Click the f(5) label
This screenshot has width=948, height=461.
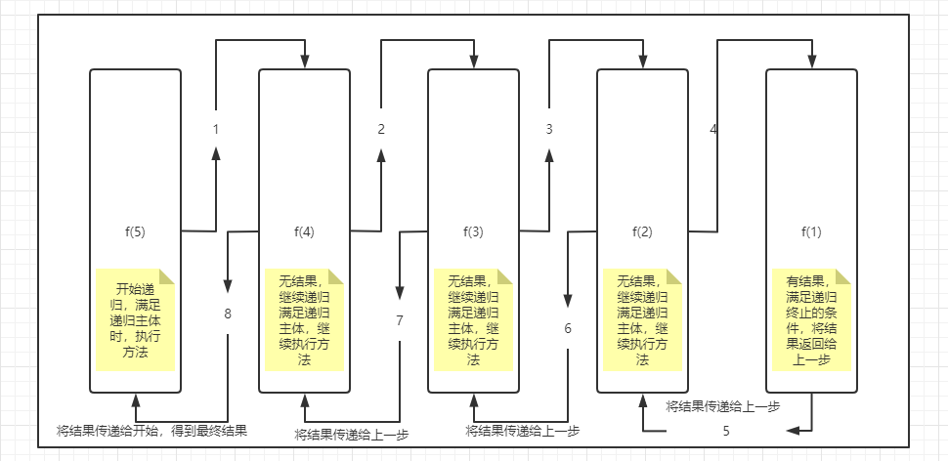[x=135, y=232]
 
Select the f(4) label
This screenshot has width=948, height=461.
[x=304, y=232]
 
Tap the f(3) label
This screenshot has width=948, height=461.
[x=473, y=232]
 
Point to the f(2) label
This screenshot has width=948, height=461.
[x=642, y=232]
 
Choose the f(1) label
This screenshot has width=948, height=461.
[x=811, y=232]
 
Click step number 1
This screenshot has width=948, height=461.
[x=215, y=129]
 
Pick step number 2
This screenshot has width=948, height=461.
[x=381, y=129]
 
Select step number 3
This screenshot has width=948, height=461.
[x=549, y=129]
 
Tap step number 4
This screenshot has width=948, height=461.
[x=713, y=129]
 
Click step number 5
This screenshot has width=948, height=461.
[x=726, y=430]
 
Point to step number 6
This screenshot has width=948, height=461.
[x=567, y=328]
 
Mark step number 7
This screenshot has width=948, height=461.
[x=399, y=320]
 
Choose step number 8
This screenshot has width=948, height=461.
[x=228, y=314]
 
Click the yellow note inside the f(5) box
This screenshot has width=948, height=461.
[x=135, y=318]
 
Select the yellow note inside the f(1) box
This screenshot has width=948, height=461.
[x=811, y=318]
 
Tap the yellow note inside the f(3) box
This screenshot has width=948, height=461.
[x=473, y=318]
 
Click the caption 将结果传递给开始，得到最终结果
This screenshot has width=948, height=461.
[x=151, y=430]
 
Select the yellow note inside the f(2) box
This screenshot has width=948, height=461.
[x=642, y=318]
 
